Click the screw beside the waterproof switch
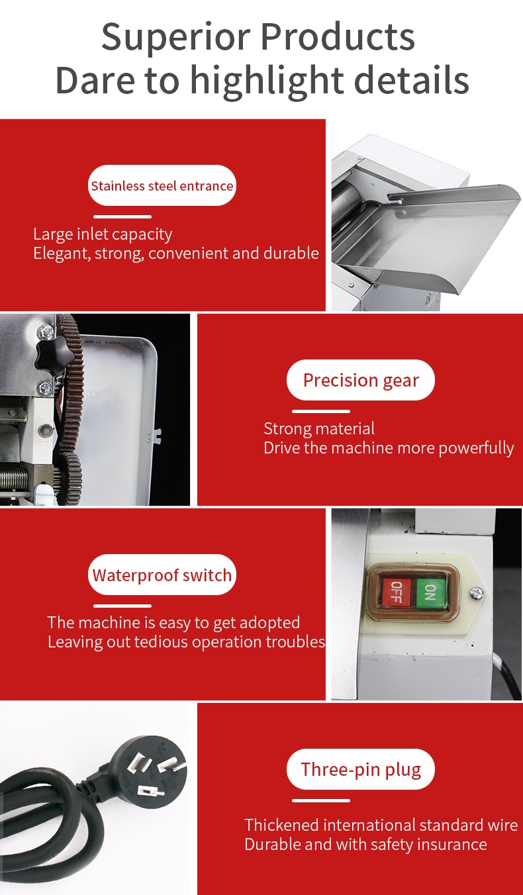point(476,593)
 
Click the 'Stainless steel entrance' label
point(162,186)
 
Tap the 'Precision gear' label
point(360,380)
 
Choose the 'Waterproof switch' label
point(162,575)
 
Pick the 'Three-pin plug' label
point(360,769)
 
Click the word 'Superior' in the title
point(176,38)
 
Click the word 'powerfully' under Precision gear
point(476,448)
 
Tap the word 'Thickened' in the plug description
point(281,825)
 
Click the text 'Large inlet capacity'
point(103,234)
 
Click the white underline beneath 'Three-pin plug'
point(321,800)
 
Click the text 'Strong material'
point(319,429)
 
